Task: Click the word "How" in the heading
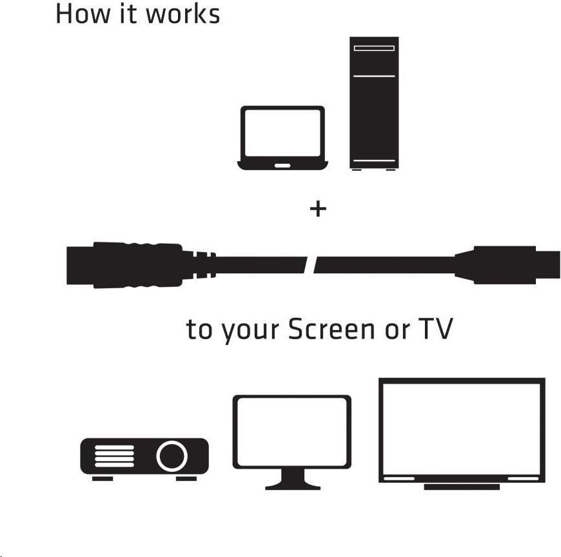click(83, 14)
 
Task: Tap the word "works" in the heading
click(183, 14)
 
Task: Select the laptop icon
click(282, 138)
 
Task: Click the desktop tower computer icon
click(374, 103)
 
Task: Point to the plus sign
click(318, 209)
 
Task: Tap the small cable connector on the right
click(507, 265)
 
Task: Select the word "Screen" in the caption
click(331, 329)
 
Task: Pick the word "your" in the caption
click(250, 331)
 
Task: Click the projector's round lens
click(172, 456)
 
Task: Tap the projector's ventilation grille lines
click(114, 456)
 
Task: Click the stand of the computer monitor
click(293, 480)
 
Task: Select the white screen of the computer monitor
click(292, 432)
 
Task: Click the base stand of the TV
click(462, 487)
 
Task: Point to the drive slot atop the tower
click(374, 48)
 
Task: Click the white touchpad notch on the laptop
click(282, 166)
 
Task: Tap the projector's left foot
click(103, 478)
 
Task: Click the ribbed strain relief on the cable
click(204, 265)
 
